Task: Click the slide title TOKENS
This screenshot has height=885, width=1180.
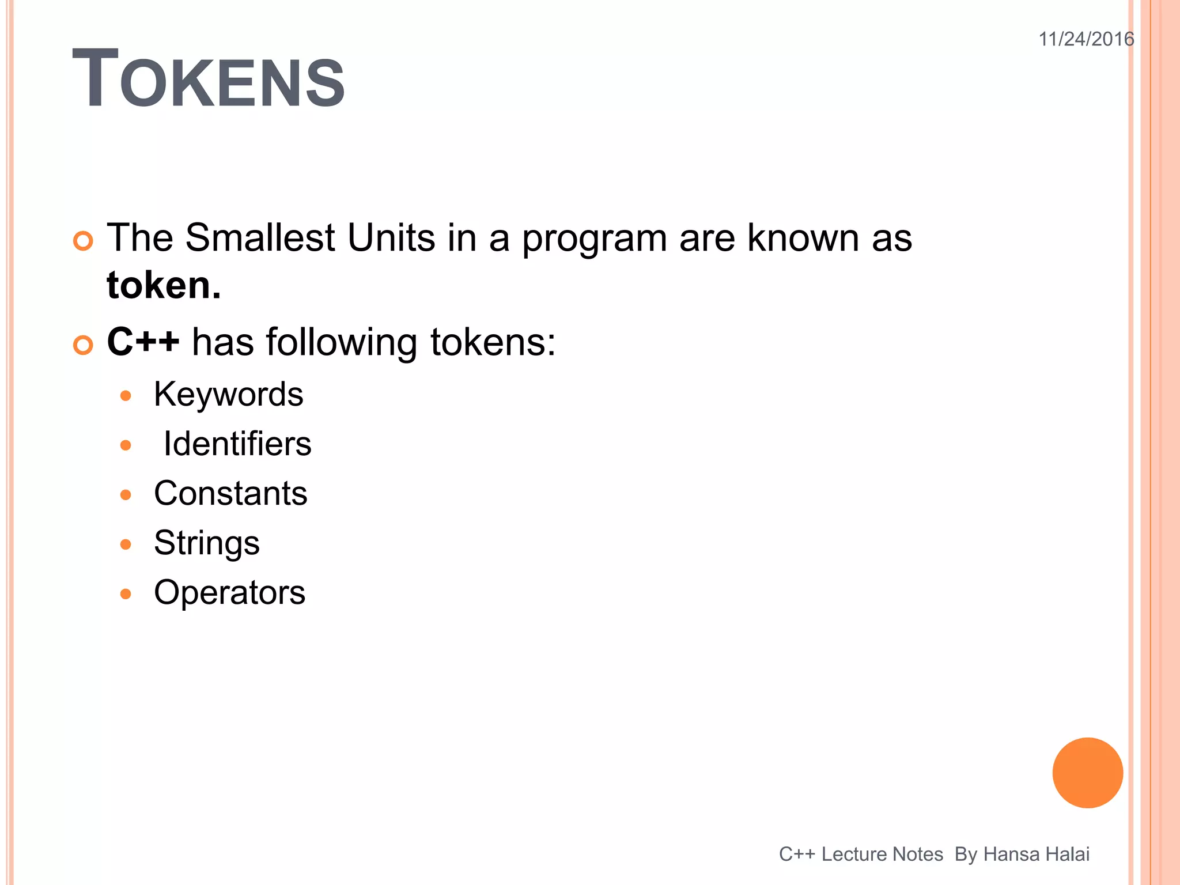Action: (x=208, y=79)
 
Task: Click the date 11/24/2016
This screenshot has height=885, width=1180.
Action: (x=1086, y=39)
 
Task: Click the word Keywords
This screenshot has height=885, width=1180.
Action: (x=228, y=395)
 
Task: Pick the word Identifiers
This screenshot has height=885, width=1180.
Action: (x=237, y=444)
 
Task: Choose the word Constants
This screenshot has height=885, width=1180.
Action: (x=230, y=494)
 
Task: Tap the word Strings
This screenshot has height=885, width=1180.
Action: (x=207, y=543)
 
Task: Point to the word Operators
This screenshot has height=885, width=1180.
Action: (x=229, y=593)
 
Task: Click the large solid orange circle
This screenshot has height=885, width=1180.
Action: (x=1087, y=773)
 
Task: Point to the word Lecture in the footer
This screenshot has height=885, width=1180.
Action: (x=853, y=854)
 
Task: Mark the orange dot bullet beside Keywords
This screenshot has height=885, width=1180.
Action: (x=126, y=396)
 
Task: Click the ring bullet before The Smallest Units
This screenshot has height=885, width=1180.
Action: (x=84, y=241)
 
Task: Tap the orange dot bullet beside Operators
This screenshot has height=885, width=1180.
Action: (x=126, y=594)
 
